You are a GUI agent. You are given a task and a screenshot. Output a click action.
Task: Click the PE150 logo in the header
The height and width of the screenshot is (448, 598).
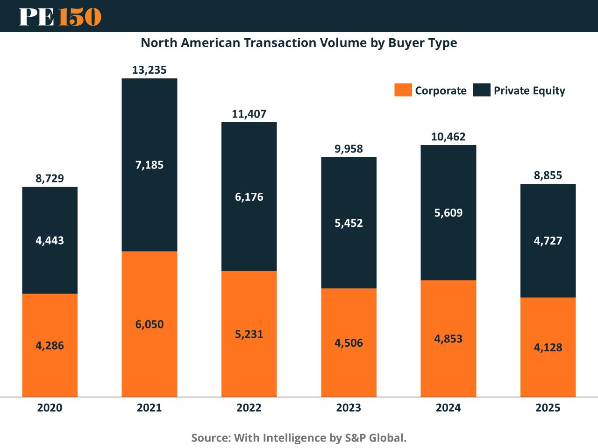[60, 16]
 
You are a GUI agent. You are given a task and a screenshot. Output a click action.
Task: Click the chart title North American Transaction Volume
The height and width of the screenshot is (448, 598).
[299, 43]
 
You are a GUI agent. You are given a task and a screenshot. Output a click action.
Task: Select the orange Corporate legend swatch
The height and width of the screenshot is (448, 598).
[403, 90]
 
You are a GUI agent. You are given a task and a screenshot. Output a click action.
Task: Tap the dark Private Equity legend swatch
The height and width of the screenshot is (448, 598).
[481, 90]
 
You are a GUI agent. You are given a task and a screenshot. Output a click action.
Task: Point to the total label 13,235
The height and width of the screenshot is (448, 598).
[149, 70]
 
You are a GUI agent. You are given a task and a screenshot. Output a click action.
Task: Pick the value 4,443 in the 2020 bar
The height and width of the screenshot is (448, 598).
[50, 241]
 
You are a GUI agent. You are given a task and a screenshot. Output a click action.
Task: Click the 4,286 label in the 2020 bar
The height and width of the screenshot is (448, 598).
[50, 346]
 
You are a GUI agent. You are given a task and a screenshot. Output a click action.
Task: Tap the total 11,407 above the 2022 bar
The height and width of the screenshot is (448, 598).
[249, 114]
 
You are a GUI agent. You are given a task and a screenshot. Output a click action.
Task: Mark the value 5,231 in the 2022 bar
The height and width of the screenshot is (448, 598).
[249, 334]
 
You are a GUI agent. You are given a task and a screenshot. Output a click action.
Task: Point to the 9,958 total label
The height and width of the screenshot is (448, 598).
[349, 149]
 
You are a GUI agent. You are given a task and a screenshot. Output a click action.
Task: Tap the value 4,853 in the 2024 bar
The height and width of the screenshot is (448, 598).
[448, 339]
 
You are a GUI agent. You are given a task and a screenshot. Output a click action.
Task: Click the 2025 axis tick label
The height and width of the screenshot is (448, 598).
[548, 408]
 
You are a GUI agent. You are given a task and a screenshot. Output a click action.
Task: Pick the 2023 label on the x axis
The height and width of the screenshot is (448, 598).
[349, 408]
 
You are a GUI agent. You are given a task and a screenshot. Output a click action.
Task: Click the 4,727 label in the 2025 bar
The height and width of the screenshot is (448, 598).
[548, 241]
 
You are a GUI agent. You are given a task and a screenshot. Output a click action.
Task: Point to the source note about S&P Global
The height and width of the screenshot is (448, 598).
[299, 438]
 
